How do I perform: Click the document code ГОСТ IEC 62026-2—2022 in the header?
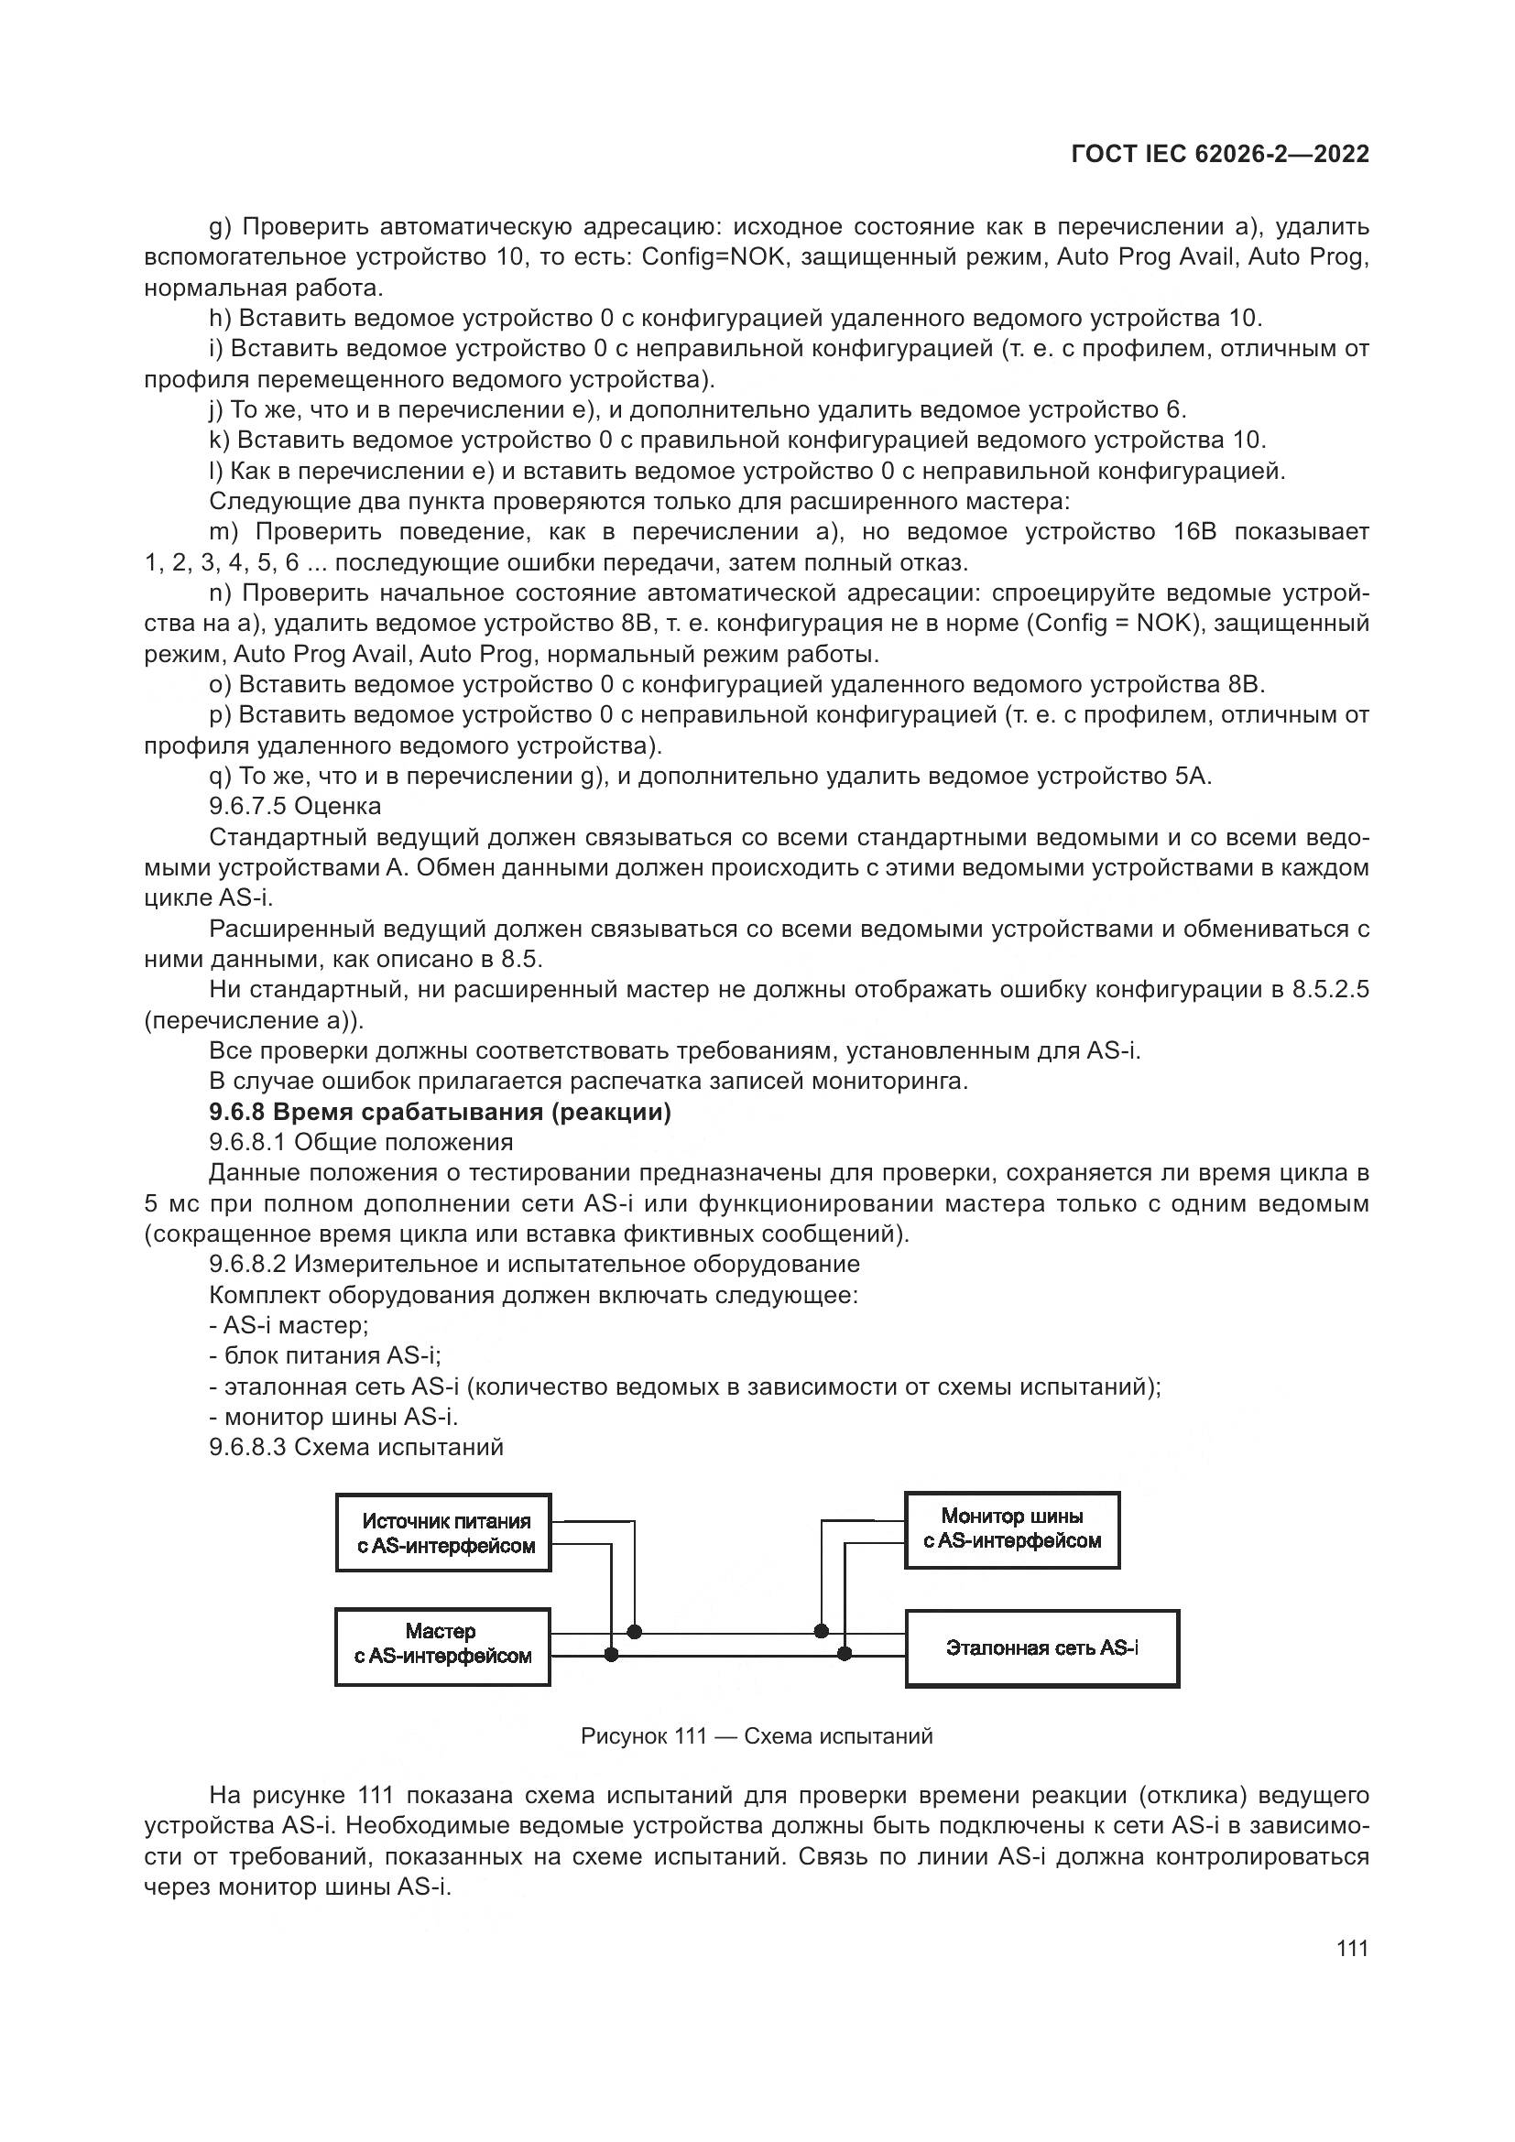click(x=1220, y=155)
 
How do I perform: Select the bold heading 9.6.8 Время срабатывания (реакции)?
click(x=440, y=1112)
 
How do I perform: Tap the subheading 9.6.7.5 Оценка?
click(x=295, y=805)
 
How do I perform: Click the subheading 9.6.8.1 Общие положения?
click(x=361, y=1142)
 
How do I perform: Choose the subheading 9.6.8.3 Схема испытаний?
click(x=356, y=1447)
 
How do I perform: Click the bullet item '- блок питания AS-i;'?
click(x=325, y=1355)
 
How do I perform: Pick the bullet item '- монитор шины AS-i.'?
click(x=334, y=1416)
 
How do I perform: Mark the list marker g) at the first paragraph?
click(x=220, y=227)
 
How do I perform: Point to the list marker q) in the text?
click(x=220, y=776)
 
